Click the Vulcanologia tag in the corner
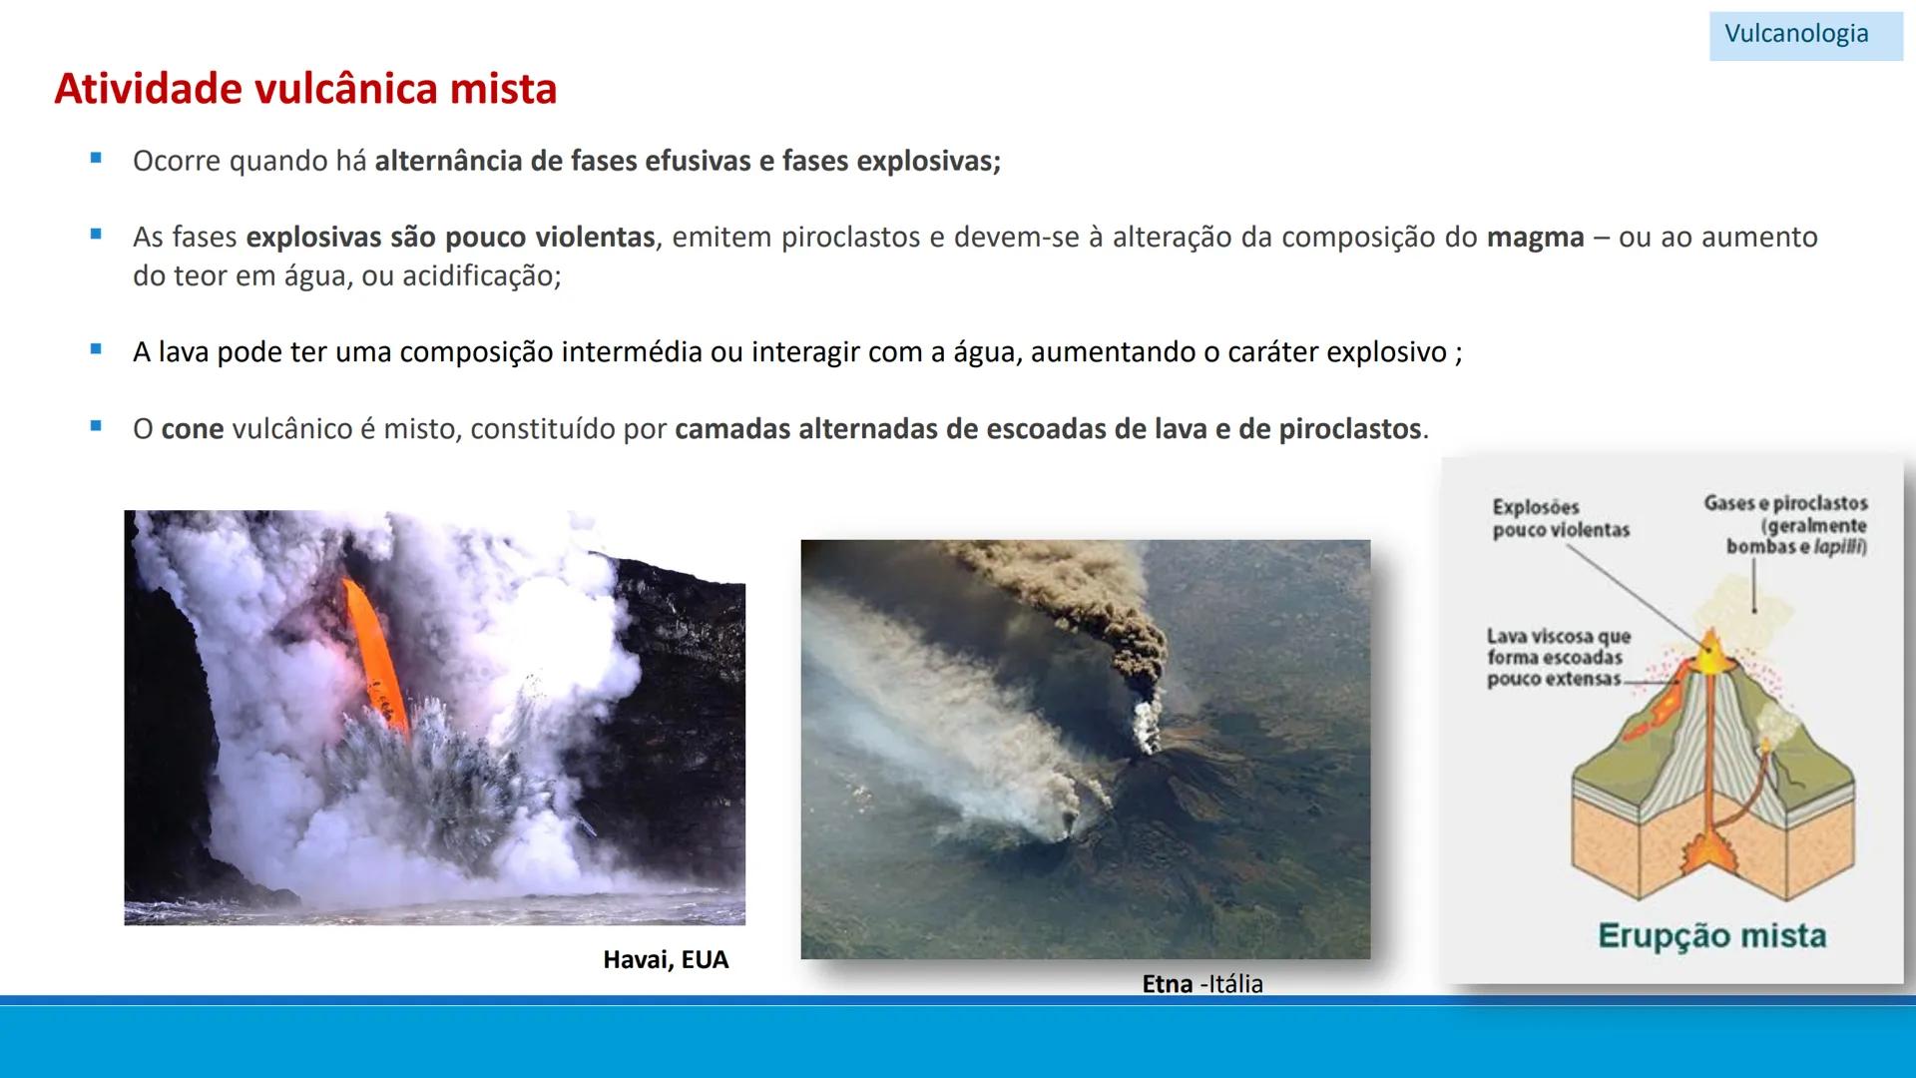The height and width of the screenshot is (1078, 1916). coord(1796,34)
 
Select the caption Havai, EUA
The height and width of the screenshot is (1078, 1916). coord(666,960)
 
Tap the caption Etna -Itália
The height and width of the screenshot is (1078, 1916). coord(1201,984)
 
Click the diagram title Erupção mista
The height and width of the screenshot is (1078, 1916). coord(1711,936)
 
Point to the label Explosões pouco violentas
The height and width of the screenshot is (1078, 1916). coord(1560,519)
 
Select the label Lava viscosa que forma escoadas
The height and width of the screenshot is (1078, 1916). coord(1558,657)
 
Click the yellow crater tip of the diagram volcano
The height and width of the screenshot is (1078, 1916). coord(1708,649)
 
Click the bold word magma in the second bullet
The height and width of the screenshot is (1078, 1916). coord(1535,238)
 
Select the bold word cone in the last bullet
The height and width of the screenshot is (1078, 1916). coord(192,429)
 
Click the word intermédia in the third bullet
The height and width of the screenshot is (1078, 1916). coord(632,352)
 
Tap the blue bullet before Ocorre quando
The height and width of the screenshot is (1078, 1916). coord(96,158)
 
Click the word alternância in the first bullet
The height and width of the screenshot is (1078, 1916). coord(448,161)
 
